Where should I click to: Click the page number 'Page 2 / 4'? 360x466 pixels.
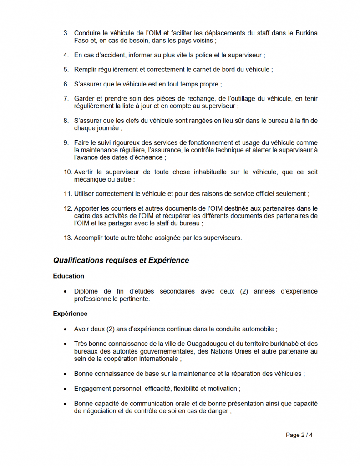[299, 435]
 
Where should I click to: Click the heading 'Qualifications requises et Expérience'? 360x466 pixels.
[121, 261]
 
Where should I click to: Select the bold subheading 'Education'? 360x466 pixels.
[68, 276]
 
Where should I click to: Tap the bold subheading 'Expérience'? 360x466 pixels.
[70, 314]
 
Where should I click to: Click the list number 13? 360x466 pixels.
[67, 238]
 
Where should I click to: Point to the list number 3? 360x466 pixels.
[66, 33]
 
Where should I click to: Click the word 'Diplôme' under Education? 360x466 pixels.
[86, 291]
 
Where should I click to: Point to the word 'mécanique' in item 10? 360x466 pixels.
[89, 179]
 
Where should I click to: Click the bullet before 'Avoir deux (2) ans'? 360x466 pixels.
[65, 329]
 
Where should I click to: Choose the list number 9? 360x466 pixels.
[66, 143]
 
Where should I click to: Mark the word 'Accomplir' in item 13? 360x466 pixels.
[88, 238]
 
